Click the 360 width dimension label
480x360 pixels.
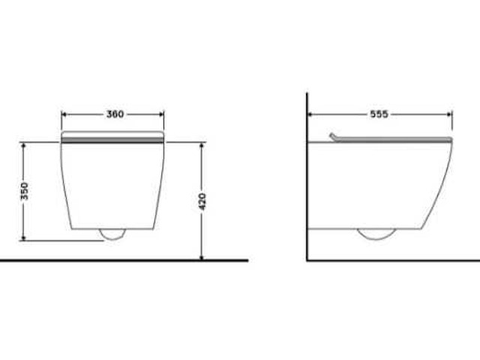115,115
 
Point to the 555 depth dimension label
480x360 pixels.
379,115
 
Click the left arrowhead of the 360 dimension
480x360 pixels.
64,115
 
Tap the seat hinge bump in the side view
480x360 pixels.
333,136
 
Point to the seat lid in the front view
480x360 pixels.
112,136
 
